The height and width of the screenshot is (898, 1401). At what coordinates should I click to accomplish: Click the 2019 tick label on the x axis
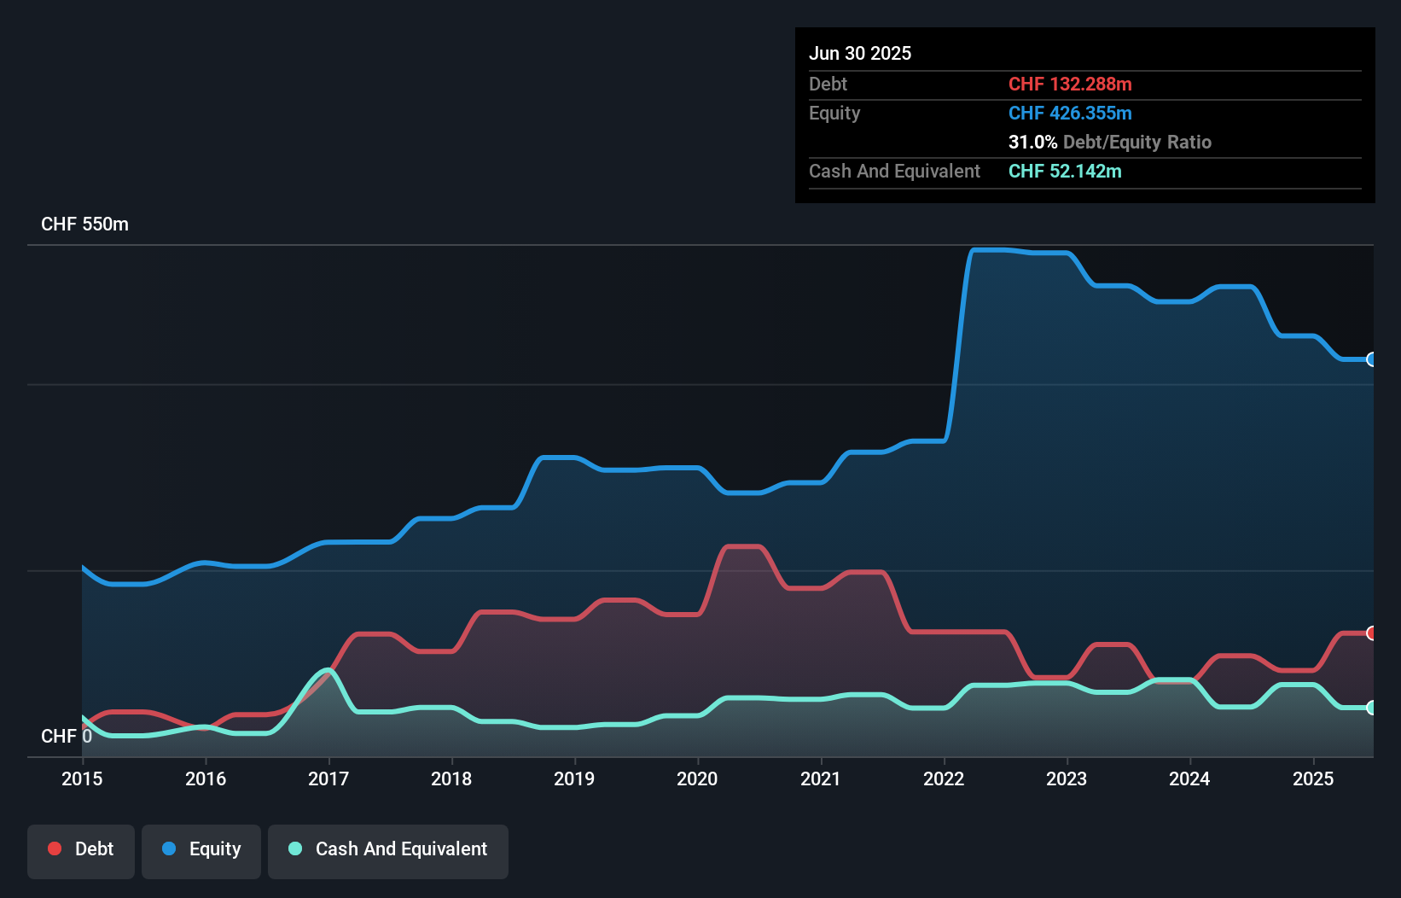tap(573, 778)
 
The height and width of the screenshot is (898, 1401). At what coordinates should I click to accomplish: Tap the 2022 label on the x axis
tap(943, 778)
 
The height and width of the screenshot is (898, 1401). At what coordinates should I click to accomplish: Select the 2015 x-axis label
tap(82, 778)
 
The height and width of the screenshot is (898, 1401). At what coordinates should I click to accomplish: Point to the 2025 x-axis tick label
tap(1312, 778)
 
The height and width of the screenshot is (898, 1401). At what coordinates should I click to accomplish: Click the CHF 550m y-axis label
tap(84, 224)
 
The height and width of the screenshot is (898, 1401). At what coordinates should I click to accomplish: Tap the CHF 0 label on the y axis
tap(66, 736)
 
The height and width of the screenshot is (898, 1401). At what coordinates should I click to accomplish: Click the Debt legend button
tap(81, 849)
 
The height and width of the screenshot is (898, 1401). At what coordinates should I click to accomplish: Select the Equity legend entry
tap(201, 849)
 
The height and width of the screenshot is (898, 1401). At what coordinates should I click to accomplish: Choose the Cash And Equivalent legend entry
tap(388, 849)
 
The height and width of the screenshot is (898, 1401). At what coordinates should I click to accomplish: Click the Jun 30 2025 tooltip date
tap(860, 54)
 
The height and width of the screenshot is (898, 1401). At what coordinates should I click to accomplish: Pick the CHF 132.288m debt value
tap(1070, 85)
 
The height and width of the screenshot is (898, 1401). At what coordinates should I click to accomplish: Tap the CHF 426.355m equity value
tap(1070, 114)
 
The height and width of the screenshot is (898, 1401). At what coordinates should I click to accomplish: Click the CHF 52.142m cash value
tap(1065, 172)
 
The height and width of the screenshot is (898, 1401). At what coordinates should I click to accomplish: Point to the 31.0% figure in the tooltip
tap(1032, 143)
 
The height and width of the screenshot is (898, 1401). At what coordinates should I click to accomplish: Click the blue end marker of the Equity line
tap(1371, 359)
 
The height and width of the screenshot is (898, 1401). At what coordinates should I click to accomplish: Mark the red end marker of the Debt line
tap(1371, 633)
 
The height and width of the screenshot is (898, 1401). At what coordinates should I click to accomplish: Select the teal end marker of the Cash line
tap(1371, 708)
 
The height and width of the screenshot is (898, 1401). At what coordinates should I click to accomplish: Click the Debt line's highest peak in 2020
tap(742, 546)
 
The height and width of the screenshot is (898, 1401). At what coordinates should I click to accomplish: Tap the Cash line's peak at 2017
tap(327, 670)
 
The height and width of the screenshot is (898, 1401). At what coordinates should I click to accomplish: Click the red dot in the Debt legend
tap(55, 848)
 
